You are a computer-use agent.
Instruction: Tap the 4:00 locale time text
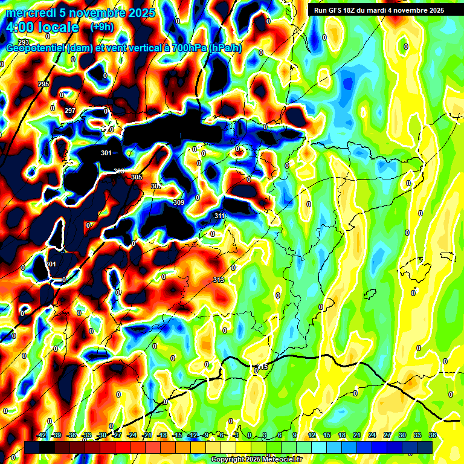click(42, 27)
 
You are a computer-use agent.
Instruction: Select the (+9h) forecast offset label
click(101, 27)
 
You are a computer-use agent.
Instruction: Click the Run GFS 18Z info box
click(376, 10)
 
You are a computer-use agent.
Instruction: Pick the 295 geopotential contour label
click(43, 84)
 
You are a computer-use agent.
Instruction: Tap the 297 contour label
click(70, 111)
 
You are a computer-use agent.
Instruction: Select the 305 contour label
click(137, 177)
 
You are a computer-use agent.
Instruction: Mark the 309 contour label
click(178, 202)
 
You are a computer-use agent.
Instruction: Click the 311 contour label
click(219, 216)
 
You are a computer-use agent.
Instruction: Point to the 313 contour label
click(219, 280)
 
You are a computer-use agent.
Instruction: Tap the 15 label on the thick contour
click(263, 367)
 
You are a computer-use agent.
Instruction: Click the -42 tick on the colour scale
click(42, 435)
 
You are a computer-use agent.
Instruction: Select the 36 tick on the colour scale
click(433, 435)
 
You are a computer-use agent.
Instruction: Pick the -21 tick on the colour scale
click(147, 435)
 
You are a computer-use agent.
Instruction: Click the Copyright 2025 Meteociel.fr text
click(257, 459)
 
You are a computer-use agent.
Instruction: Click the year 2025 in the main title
click(141, 12)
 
